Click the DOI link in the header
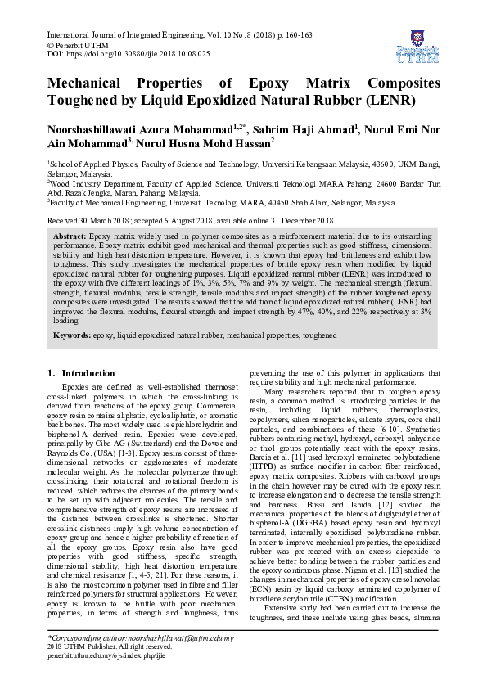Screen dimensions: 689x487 point(139,52)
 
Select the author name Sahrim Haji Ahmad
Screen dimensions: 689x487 point(301,128)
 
